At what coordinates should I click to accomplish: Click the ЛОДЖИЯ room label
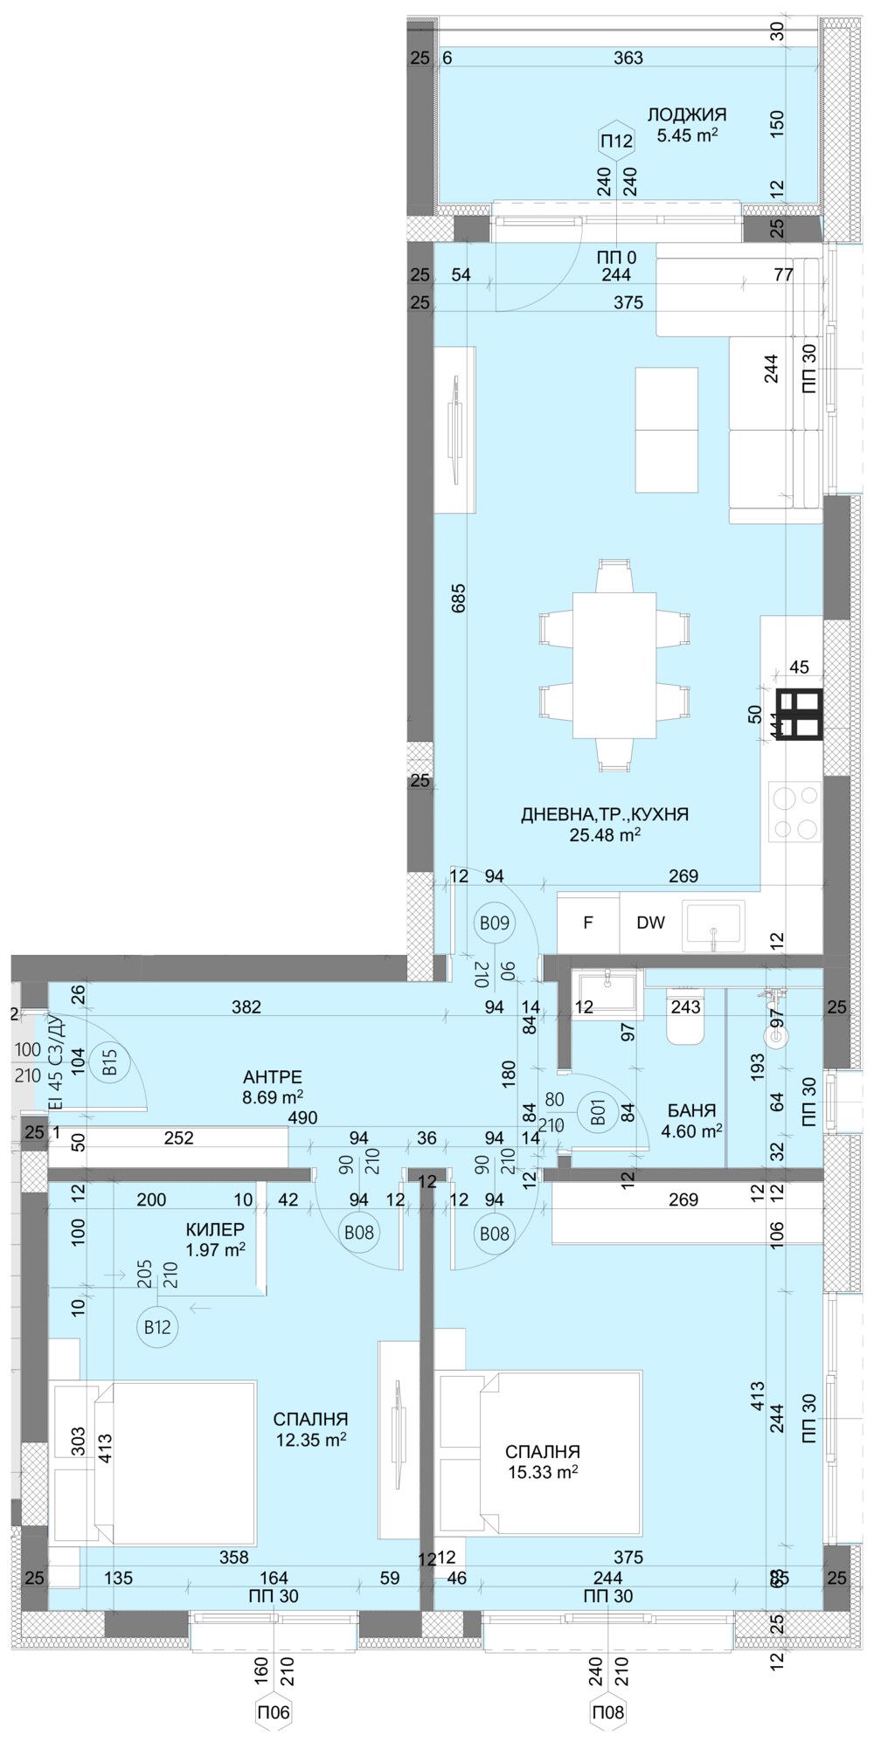(686, 114)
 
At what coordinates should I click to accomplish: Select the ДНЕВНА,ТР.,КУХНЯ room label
(605, 814)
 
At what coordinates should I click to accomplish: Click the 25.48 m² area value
(605, 835)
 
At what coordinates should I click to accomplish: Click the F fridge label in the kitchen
(588, 922)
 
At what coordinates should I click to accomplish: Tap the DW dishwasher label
(650, 922)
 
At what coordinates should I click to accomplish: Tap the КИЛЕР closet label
(215, 1229)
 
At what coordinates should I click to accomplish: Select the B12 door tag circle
(157, 1327)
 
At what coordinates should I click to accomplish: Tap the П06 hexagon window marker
(274, 1712)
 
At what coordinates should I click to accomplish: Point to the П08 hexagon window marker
(608, 1712)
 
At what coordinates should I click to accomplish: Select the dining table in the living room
(615, 666)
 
